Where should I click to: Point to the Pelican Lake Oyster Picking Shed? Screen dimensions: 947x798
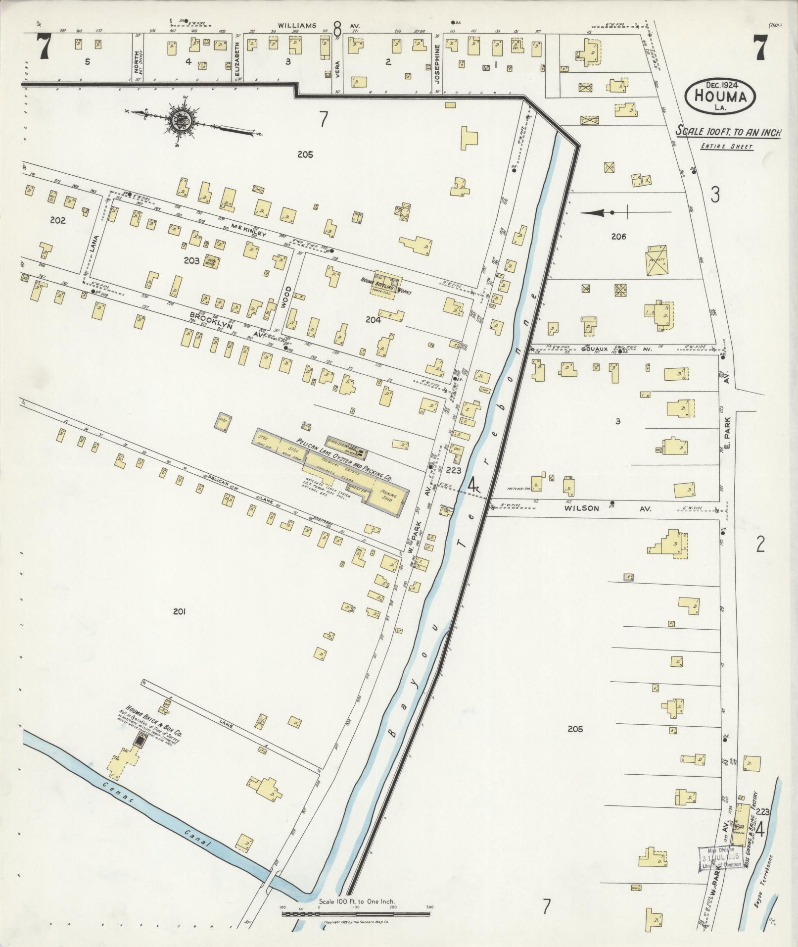(386, 496)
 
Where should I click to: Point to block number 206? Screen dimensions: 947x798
(618, 237)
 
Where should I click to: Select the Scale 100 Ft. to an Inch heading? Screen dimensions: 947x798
(728, 133)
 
